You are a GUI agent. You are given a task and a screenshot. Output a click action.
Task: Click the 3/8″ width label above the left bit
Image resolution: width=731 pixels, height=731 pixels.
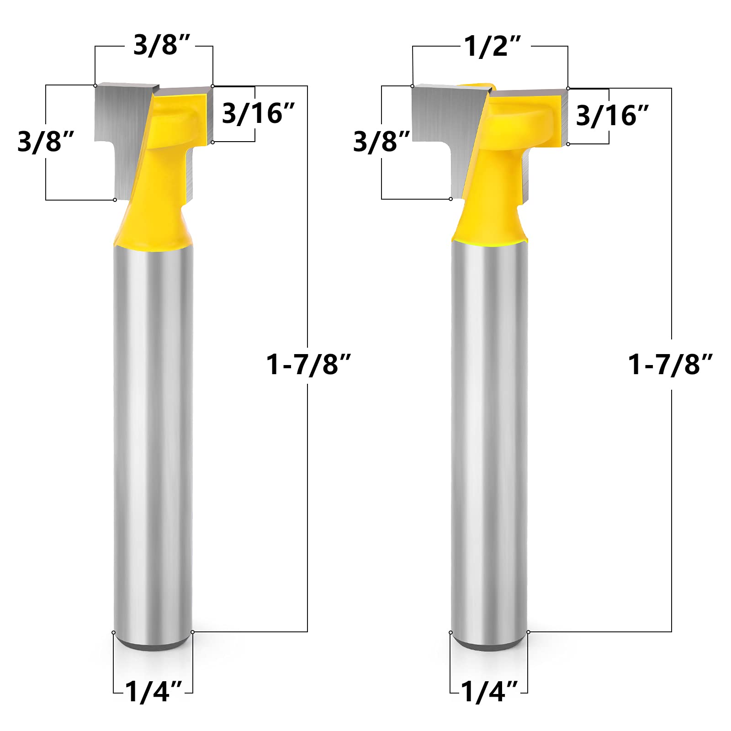(161, 45)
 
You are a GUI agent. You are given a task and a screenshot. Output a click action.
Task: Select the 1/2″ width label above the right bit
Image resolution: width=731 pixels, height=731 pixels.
(493, 46)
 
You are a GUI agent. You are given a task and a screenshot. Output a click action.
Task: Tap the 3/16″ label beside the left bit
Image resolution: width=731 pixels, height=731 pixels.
(259, 113)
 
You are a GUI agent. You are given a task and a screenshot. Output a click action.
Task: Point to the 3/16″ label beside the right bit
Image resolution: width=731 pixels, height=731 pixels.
(613, 116)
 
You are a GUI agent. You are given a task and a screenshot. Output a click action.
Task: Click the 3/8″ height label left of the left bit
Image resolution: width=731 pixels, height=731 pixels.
(46, 141)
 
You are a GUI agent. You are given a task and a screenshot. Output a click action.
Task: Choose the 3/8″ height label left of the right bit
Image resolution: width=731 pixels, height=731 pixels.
(381, 141)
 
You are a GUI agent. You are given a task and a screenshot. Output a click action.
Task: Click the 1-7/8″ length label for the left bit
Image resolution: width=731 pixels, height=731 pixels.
(308, 365)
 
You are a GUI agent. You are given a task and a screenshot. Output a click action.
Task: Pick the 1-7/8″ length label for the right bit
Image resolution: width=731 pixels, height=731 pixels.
(670, 365)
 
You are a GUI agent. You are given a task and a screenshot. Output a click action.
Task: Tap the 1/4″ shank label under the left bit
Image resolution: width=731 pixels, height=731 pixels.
(154, 691)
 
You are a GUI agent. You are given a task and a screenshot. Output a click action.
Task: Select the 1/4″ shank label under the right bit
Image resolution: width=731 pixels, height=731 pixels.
(489, 691)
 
